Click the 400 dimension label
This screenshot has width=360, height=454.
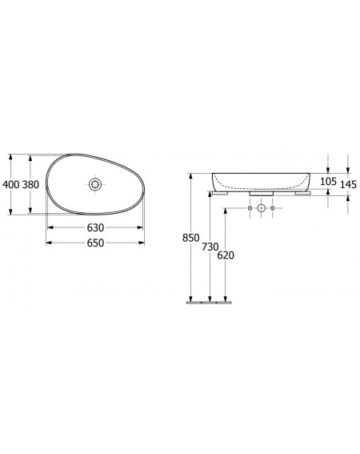(x=10, y=184)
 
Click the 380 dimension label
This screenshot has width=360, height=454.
(x=30, y=184)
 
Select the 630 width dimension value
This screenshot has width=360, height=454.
(x=95, y=227)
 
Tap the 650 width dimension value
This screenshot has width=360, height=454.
(x=95, y=243)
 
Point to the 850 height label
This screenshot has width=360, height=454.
(x=190, y=238)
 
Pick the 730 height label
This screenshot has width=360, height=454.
(x=210, y=247)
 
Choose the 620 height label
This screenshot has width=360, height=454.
(x=226, y=255)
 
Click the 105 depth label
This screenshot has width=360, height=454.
(x=329, y=182)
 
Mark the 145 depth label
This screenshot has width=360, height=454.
(x=348, y=184)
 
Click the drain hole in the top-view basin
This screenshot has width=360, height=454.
(x=95, y=184)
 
